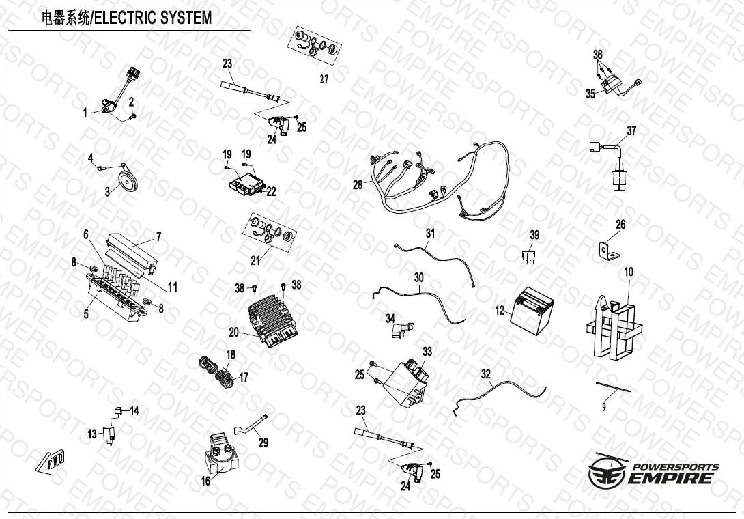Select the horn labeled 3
coord(126,180)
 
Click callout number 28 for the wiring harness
coord(358,185)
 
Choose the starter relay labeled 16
coord(218,453)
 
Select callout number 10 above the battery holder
coord(629,272)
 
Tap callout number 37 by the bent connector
coord(631,130)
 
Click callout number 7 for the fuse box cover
coord(158,237)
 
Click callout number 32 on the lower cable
coord(485,374)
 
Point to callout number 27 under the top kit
coord(324,79)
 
